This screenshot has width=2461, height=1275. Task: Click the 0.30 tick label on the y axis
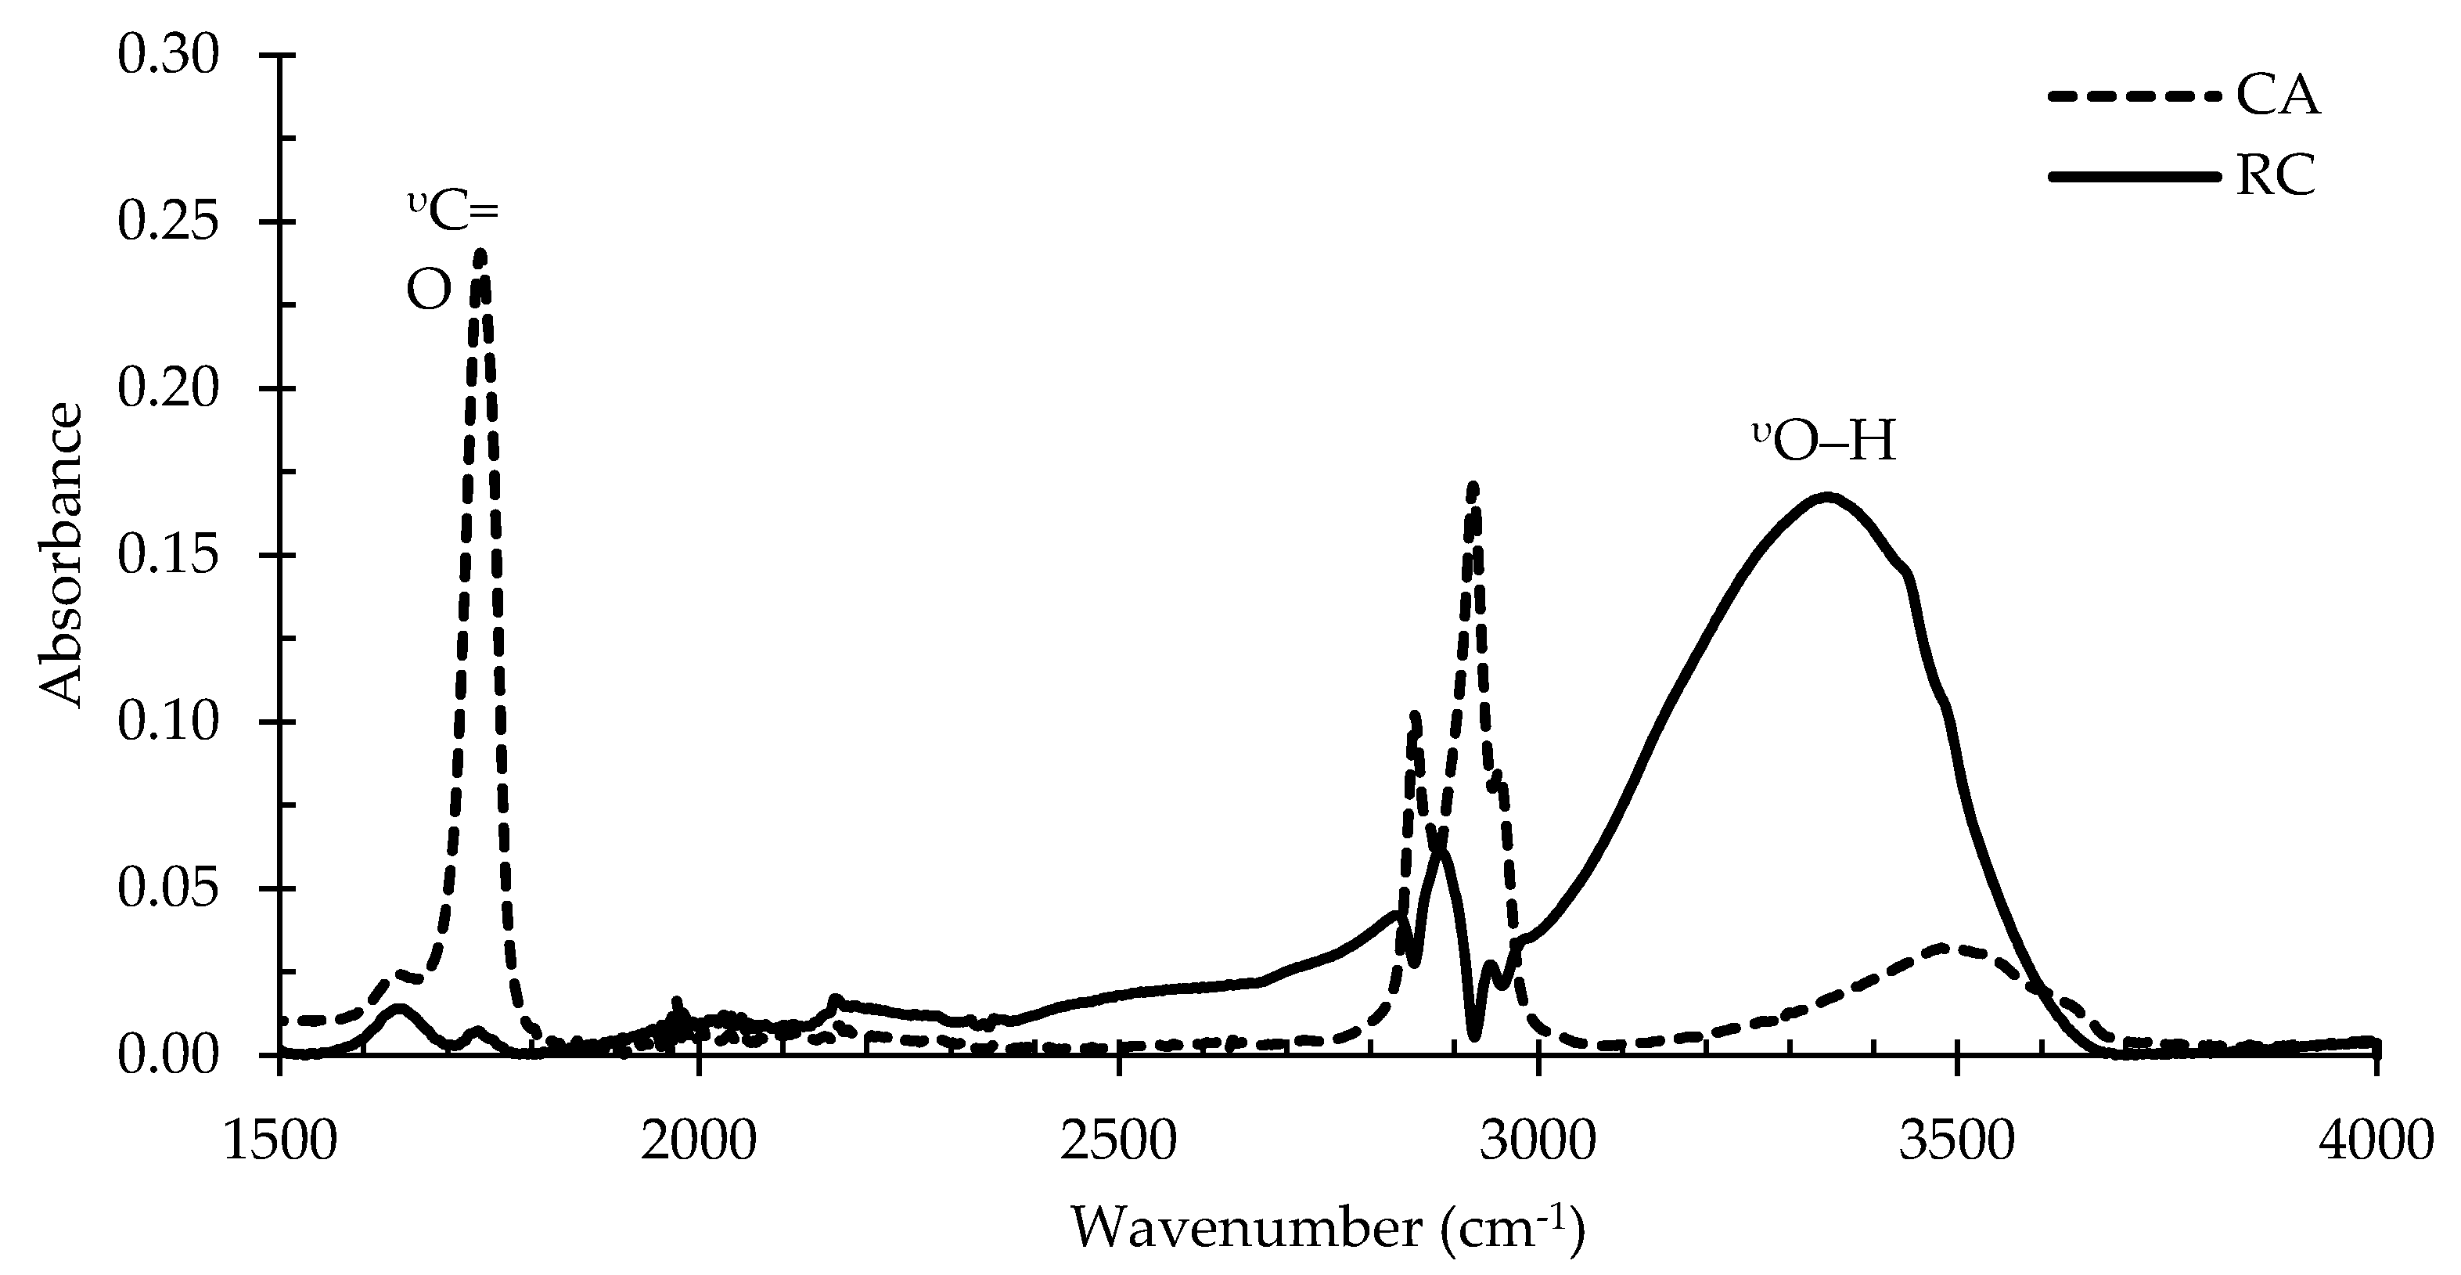(x=168, y=56)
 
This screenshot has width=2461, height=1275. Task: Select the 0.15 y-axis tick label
(x=168, y=555)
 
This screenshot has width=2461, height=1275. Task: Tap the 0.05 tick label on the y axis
(x=168, y=889)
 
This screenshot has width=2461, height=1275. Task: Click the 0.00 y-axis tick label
(x=168, y=1055)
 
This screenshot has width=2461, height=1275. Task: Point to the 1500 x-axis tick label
(x=280, y=1142)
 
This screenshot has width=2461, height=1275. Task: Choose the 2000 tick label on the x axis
(x=700, y=1142)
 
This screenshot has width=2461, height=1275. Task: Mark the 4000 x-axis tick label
(x=2376, y=1142)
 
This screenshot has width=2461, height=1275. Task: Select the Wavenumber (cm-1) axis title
(x=1328, y=1227)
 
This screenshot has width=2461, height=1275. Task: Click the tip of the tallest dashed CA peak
(x=480, y=254)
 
